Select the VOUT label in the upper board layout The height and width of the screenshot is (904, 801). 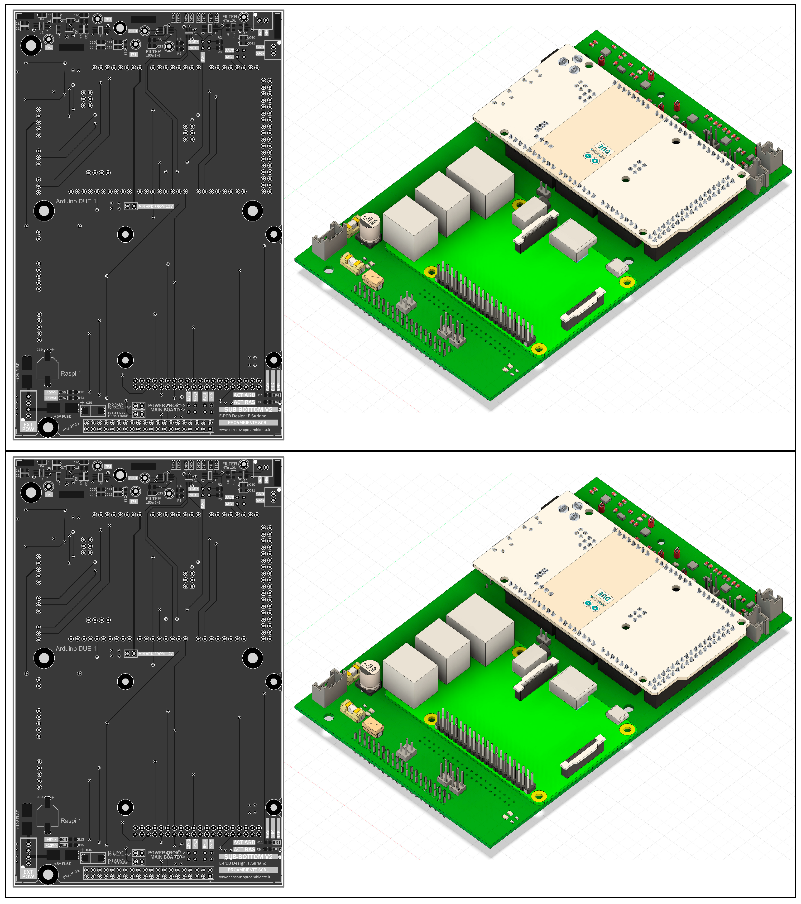133,31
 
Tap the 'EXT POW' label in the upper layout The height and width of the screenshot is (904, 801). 28,427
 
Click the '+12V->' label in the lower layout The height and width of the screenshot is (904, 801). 51,845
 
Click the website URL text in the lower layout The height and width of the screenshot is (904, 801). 245,877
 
